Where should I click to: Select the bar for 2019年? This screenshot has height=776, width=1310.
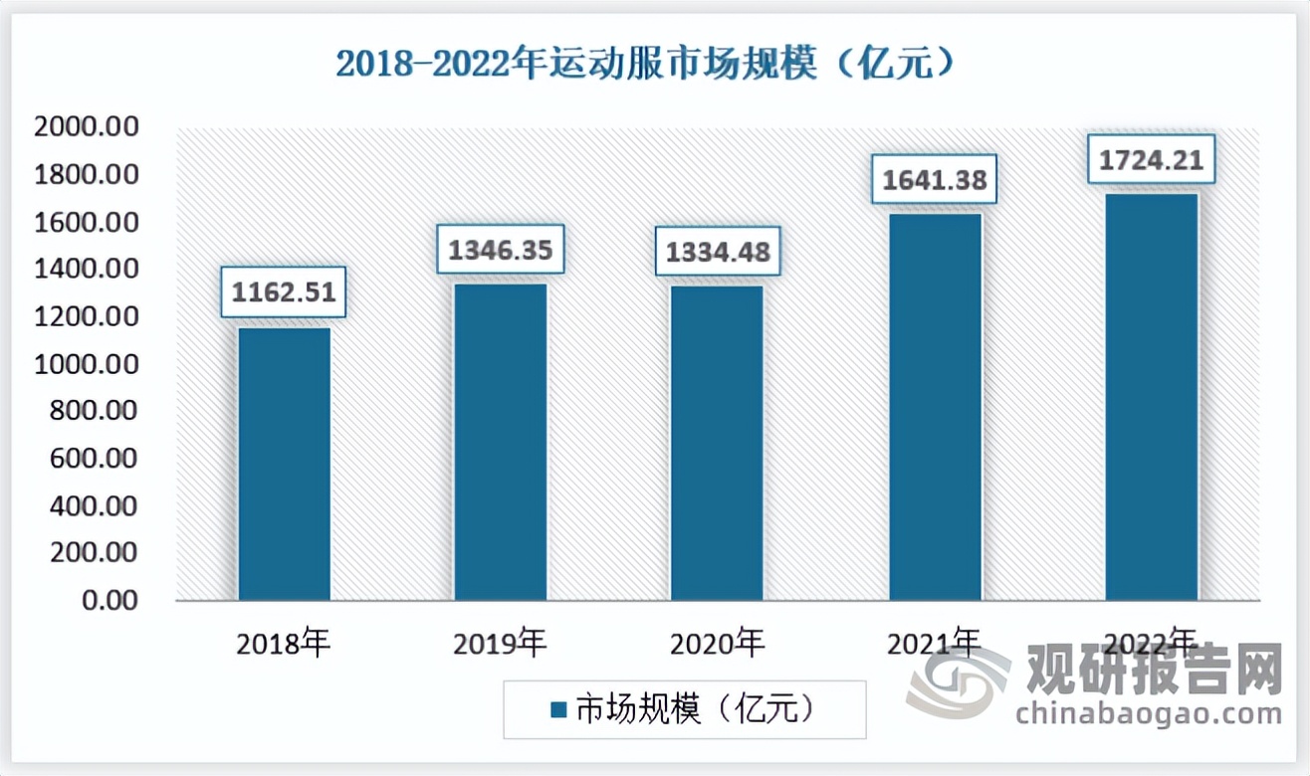501,442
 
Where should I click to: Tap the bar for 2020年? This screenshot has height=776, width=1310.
717,443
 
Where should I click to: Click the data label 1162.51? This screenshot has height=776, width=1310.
284,291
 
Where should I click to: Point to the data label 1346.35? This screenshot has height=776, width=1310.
501,249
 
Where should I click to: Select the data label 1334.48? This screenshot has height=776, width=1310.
717,252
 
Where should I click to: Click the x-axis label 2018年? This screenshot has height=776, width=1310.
283,644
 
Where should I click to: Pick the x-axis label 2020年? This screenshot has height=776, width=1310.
717,644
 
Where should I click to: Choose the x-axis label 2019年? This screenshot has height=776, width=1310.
500,644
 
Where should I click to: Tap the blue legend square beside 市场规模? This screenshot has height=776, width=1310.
557,709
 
